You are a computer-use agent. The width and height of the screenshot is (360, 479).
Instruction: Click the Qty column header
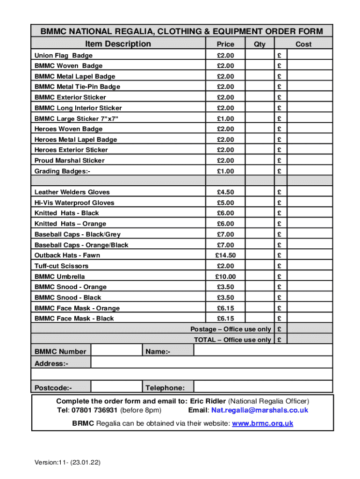tap(259, 44)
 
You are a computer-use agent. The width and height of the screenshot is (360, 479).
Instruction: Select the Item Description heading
tap(118, 44)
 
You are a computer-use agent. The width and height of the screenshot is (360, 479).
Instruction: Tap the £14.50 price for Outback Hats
tap(225, 255)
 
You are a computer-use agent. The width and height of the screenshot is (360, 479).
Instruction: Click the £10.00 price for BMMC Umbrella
tap(225, 276)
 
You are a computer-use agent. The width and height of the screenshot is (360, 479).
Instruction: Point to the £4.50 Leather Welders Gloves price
tap(225, 192)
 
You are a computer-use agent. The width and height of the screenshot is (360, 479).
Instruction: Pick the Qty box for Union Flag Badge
tap(259, 55)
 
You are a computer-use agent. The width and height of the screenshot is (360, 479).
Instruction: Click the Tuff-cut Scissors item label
tap(61, 266)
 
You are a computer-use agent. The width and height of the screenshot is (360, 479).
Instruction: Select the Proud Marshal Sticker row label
tap(70, 160)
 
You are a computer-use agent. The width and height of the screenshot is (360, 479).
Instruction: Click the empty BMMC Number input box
tap(116, 351)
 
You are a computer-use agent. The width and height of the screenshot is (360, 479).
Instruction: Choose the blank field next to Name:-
tap(263, 351)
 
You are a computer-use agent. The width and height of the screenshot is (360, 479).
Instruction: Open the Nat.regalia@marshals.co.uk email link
tap(259, 410)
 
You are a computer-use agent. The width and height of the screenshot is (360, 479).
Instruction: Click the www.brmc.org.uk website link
tap(262, 423)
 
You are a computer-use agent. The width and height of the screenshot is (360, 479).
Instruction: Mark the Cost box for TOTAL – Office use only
tap(309, 340)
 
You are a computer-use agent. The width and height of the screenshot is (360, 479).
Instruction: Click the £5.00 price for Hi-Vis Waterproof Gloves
tap(225, 203)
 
